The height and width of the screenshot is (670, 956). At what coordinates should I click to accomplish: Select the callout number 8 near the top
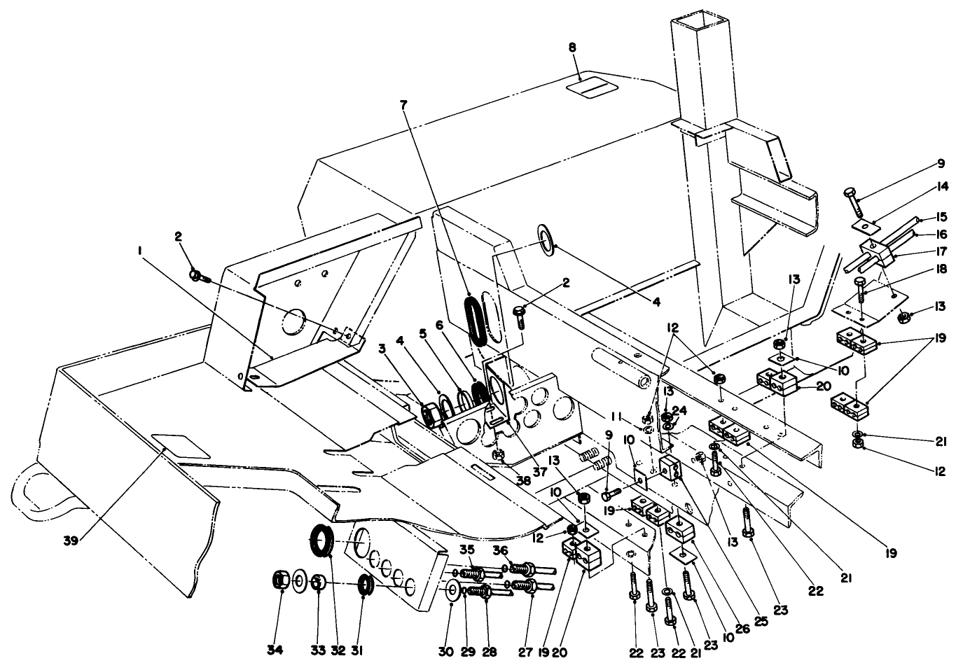point(572,48)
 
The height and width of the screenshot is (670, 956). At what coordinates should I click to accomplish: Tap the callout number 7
point(403,104)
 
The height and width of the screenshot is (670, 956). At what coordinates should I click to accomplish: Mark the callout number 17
point(941,251)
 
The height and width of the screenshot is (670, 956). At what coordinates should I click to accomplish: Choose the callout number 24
point(679,410)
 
